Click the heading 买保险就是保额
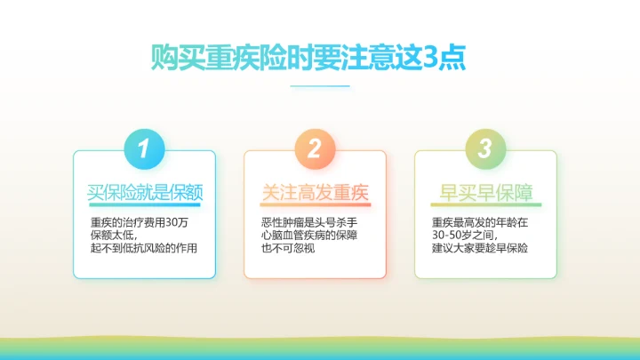(144, 192)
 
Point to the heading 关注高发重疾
(315, 192)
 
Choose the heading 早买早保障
(485, 192)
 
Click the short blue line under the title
(320, 86)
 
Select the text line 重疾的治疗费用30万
(139, 222)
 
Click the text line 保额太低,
(114, 236)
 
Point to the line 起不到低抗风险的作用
(143, 249)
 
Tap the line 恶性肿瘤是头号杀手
(308, 222)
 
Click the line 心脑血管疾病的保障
(308, 236)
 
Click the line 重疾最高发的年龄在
(479, 222)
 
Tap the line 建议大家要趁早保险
(480, 249)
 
